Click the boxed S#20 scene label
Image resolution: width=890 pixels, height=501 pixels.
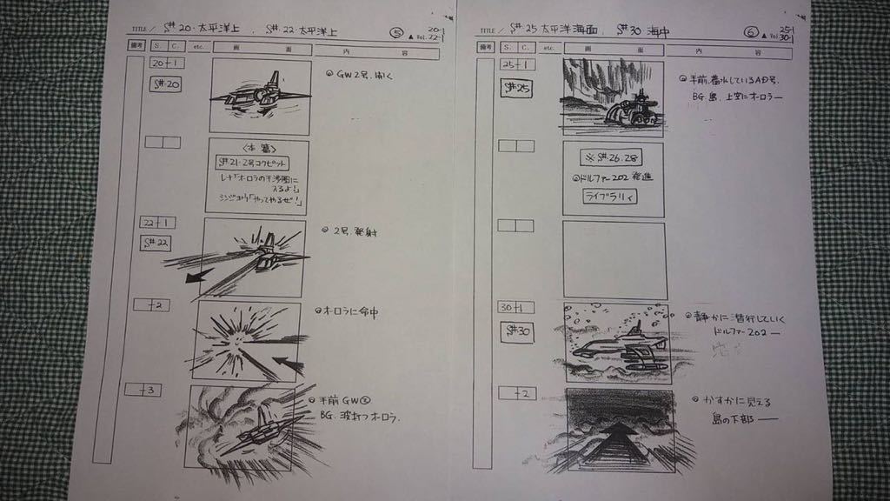coord(166,84)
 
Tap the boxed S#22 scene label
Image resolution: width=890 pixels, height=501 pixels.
coord(156,243)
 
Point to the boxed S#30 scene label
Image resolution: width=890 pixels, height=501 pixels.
coord(518,331)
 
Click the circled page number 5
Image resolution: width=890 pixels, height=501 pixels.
coord(397,34)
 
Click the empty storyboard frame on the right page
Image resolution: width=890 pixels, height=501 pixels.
coord(614,259)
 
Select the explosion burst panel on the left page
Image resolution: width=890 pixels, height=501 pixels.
coord(247,341)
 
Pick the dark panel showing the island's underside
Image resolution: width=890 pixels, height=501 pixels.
coord(620,430)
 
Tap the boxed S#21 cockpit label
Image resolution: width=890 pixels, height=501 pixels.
coord(252,163)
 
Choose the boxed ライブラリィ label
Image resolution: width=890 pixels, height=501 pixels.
coord(610,197)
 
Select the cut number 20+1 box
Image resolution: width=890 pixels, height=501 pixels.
coord(166,63)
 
